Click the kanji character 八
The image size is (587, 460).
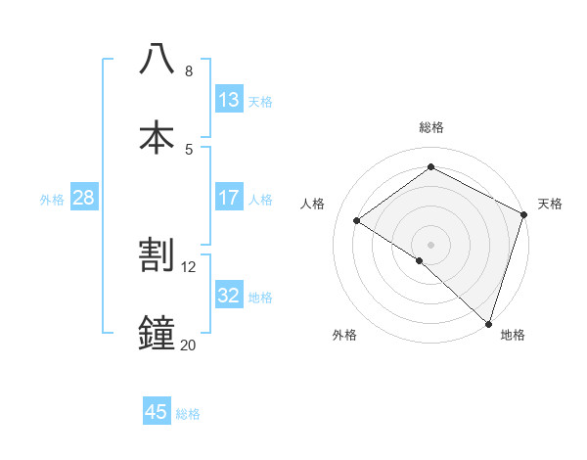click(158, 60)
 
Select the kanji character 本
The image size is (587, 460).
click(158, 137)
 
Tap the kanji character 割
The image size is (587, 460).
click(158, 255)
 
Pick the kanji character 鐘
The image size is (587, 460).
click(158, 333)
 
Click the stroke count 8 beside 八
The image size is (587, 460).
click(188, 71)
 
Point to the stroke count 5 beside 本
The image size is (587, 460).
click(188, 149)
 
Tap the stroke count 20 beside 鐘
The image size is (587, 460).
click(189, 345)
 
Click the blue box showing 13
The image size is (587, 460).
click(229, 100)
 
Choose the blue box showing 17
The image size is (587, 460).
click(229, 198)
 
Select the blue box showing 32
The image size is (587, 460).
click(229, 296)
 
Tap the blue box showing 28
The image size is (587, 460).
click(84, 198)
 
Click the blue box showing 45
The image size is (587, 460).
click(157, 412)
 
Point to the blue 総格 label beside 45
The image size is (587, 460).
click(188, 414)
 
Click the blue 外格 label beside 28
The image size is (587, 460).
click(52, 199)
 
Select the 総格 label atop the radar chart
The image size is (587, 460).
click(430, 127)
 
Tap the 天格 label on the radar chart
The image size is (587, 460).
click(550, 204)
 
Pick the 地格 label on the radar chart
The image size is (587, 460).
click(513, 335)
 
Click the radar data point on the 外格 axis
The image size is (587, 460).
click(420, 260)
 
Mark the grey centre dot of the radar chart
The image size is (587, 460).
click(430, 244)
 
